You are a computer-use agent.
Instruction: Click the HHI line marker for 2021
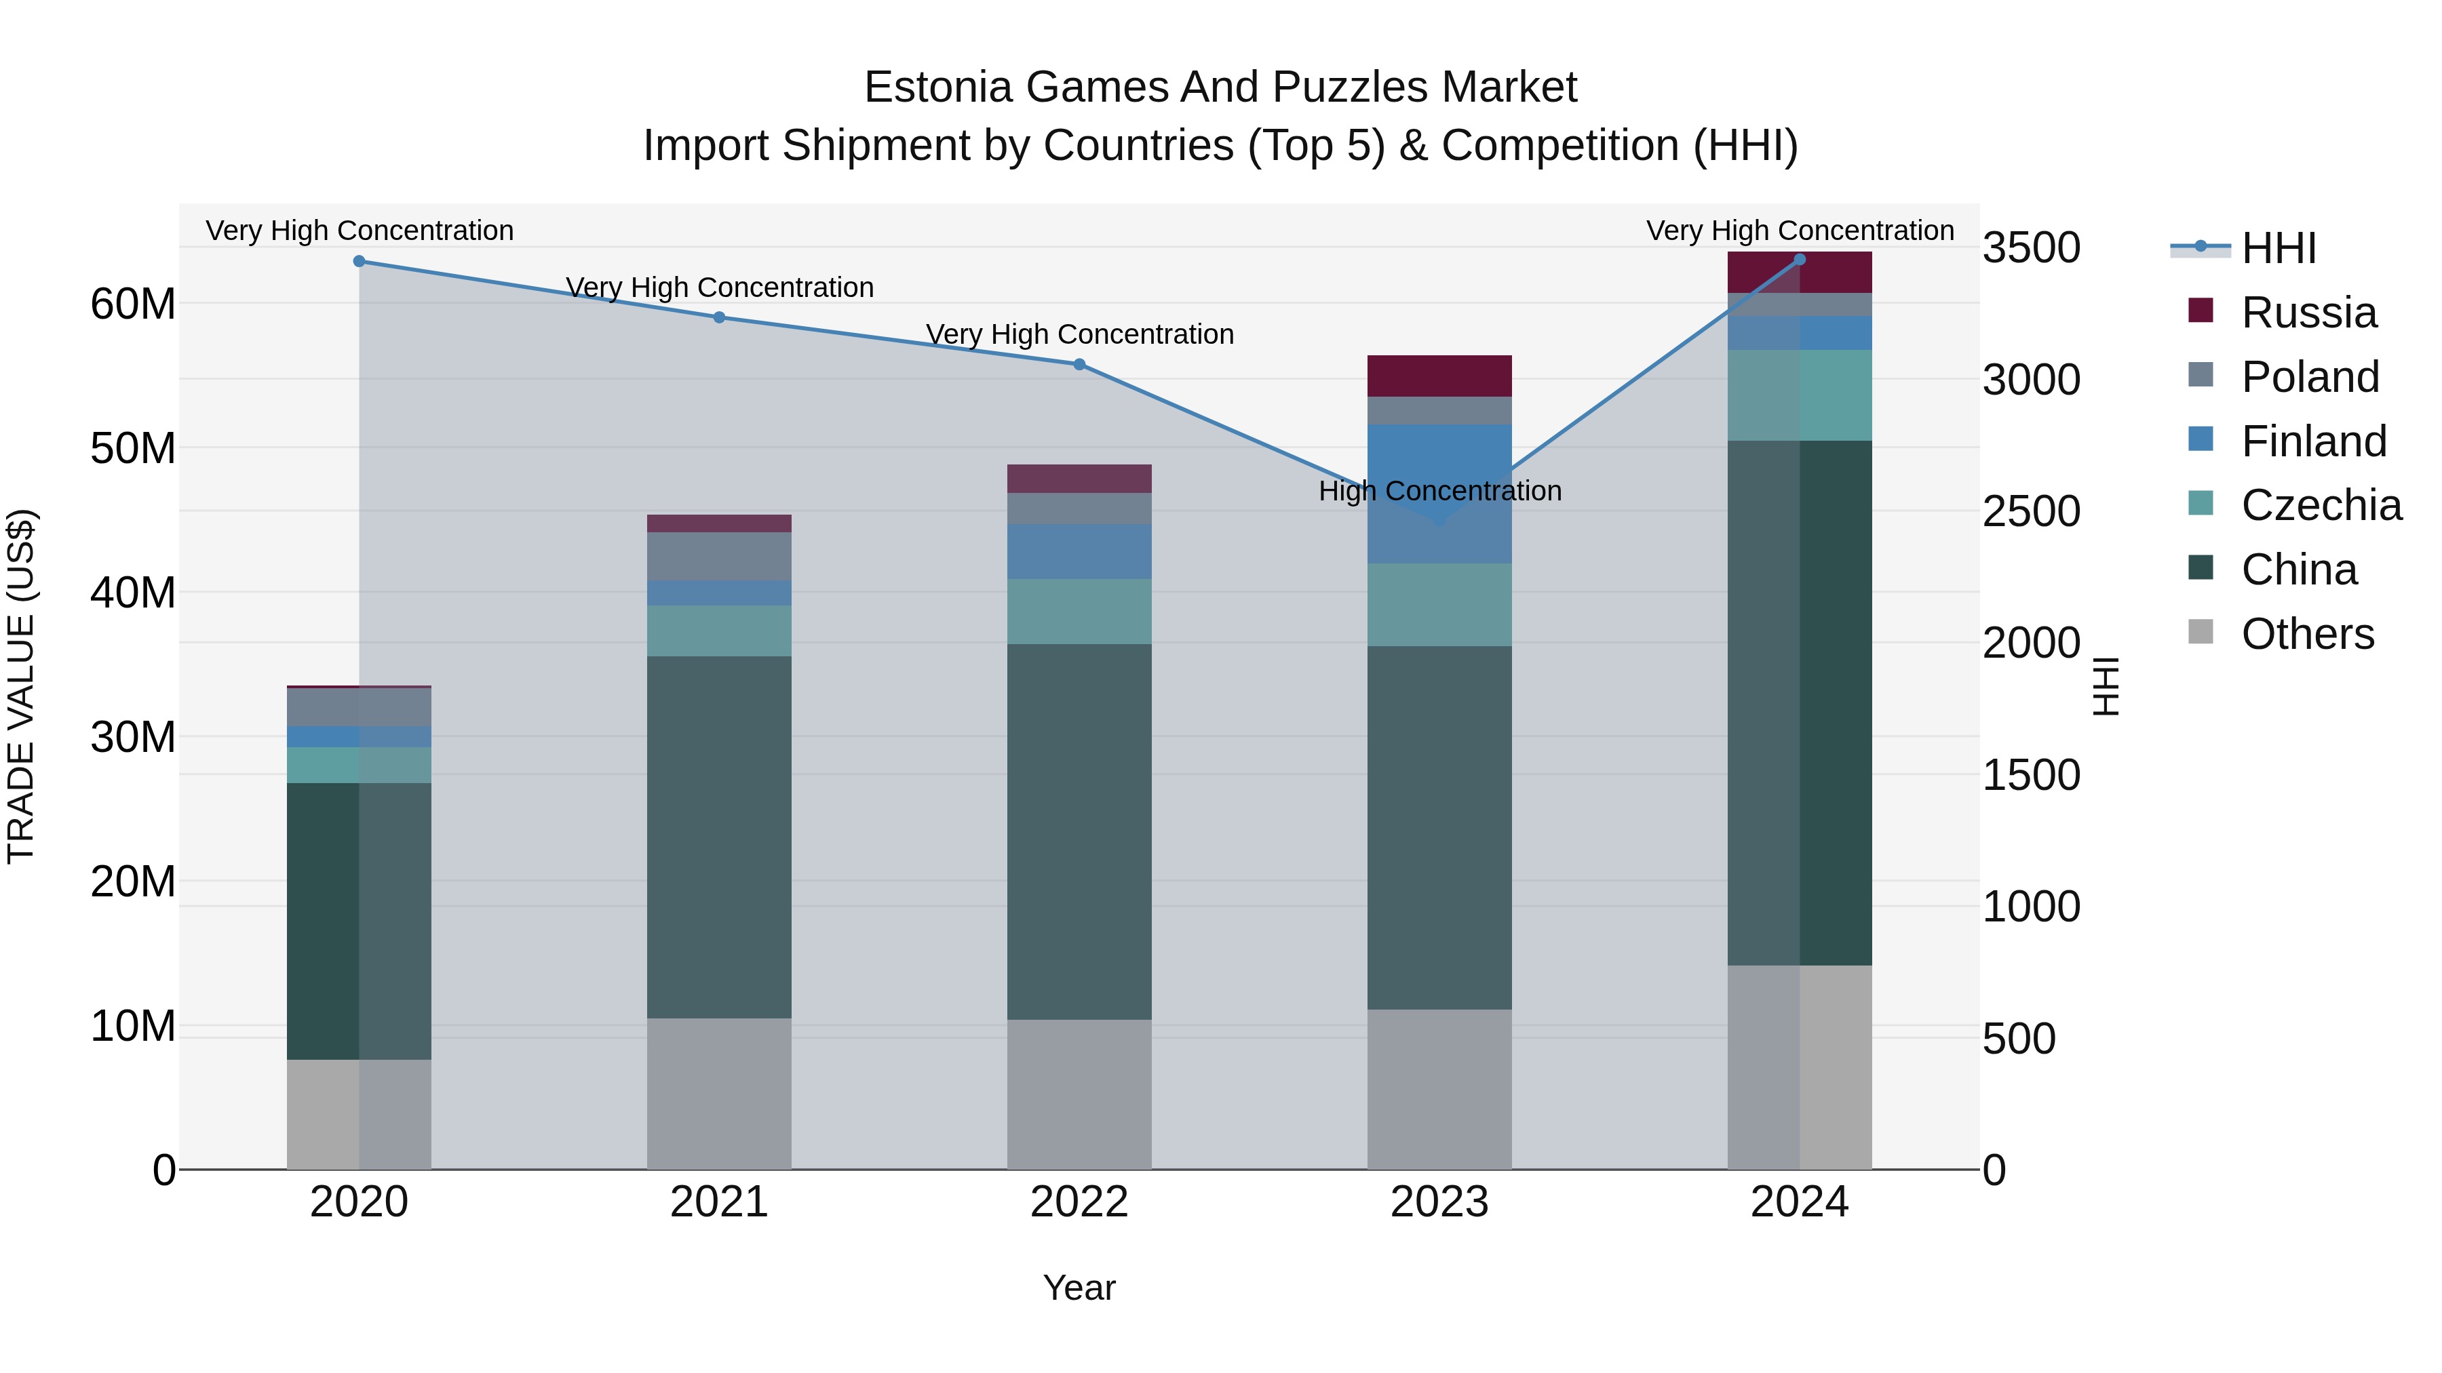click(x=718, y=317)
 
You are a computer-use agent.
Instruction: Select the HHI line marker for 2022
click(x=1079, y=365)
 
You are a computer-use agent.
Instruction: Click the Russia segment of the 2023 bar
click(x=1439, y=376)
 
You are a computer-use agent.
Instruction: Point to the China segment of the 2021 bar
click(x=718, y=837)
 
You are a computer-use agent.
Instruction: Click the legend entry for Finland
click(x=2312, y=441)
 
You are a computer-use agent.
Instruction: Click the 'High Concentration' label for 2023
click(x=1439, y=491)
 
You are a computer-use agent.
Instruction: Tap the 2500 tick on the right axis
click(x=2030, y=512)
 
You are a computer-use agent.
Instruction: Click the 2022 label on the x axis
click(x=1079, y=1202)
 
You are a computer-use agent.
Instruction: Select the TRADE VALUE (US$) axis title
click(x=21, y=686)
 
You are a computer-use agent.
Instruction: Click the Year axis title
click(x=1079, y=1288)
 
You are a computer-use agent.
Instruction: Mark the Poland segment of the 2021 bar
click(x=718, y=556)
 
